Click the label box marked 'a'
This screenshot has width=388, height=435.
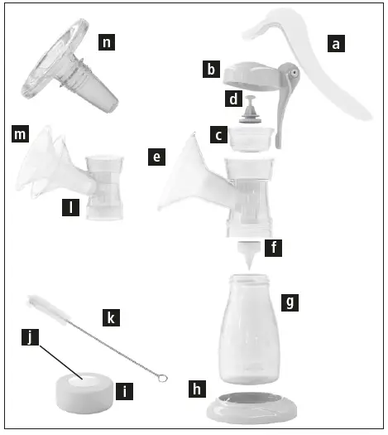[335, 45]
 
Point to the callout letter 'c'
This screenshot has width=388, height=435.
[217, 133]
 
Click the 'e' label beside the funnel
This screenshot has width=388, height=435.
[154, 156]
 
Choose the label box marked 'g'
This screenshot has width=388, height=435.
[287, 302]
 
